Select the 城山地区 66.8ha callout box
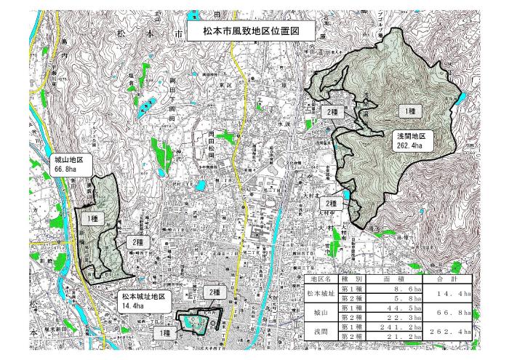click(x=70, y=165)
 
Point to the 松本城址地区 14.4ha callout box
click(x=144, y=302)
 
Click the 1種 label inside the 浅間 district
click(x=410, y=110)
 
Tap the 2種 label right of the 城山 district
click(x=135, y=241)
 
